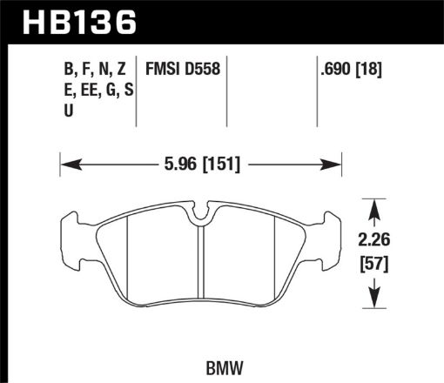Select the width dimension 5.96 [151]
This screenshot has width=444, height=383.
click(199, 162)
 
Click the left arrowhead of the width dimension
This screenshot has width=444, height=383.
click(66, 163)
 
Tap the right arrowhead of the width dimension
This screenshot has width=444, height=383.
click(334, 163)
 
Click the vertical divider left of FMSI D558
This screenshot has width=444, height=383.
click(140, 87)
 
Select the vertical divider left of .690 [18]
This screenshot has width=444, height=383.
click(315, 87)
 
